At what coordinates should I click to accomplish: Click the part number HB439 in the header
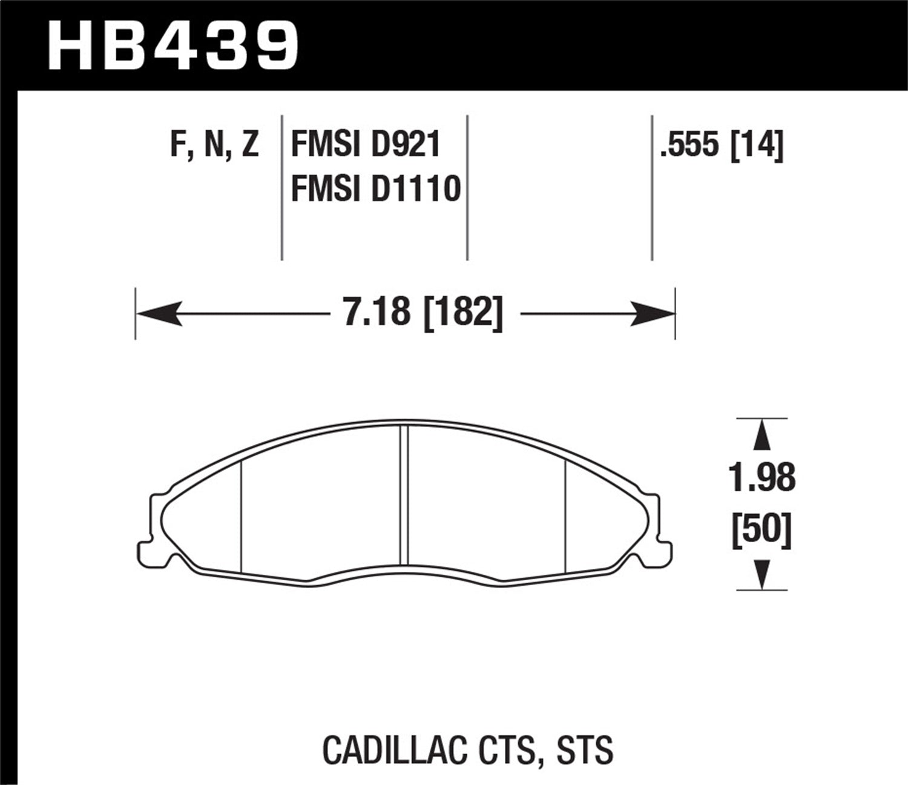point(174,45)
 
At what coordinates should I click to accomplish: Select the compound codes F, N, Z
point(214,145)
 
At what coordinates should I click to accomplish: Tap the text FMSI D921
point(366,145)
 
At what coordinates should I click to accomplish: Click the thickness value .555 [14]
point(722,145)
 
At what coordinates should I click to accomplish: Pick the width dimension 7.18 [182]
point(423,314)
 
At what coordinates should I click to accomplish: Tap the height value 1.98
point(762,478)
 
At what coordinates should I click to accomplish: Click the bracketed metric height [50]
point(762,531)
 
